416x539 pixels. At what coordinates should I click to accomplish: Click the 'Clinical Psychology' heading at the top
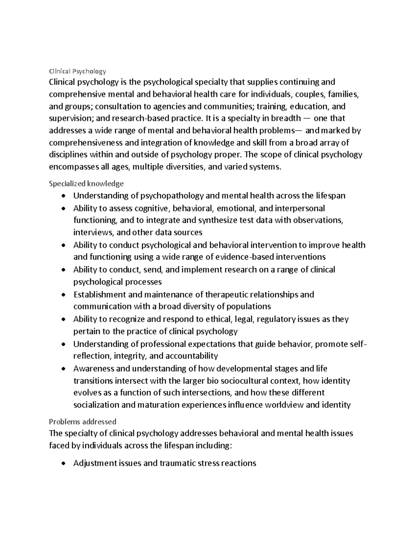[77, 71]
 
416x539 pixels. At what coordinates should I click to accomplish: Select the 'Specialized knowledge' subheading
[86, 183]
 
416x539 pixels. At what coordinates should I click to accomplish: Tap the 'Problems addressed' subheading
[83, 422]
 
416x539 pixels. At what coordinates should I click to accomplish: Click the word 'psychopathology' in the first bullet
[172, 196]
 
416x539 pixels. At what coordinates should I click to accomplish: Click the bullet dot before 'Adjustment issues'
[63, 463]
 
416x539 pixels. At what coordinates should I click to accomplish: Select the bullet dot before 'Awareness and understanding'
[63, 369]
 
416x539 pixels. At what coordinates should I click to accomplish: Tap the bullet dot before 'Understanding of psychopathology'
[63, 196]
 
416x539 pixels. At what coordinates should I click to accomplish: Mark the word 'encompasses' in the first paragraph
[73, 167]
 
